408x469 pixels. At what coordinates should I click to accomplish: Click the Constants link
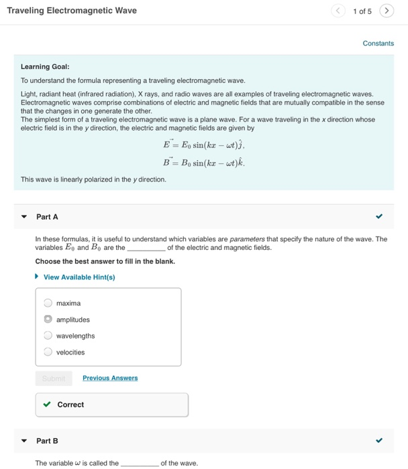click(x=378, y=44)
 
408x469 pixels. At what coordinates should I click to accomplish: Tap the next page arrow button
click(x=387, y=11)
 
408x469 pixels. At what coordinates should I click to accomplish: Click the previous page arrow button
click(x=339, y=11)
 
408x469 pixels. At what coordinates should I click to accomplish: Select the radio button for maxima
click(x=48, y=304)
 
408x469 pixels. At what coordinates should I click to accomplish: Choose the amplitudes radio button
click(x=48, y=320)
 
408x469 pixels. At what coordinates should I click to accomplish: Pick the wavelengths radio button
click(x=48, y=336)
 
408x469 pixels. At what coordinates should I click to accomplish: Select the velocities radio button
click(x=48, y=352)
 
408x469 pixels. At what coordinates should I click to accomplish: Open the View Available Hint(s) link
click(x=79, y=277)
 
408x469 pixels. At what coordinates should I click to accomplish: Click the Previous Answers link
click(x=110, y=378)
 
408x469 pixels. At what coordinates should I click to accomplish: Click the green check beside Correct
click(x=46, y=405)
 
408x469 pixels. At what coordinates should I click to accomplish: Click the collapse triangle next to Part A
click(x=24, y=217)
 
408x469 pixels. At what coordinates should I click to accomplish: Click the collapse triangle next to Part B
click(x=24, y=441)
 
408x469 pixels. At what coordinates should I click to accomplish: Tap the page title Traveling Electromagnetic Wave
click(x=72, y=11)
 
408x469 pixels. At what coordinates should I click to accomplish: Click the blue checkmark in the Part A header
click(x=379, y=216)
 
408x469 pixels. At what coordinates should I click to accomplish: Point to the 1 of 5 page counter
click(x=362, y=11)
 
